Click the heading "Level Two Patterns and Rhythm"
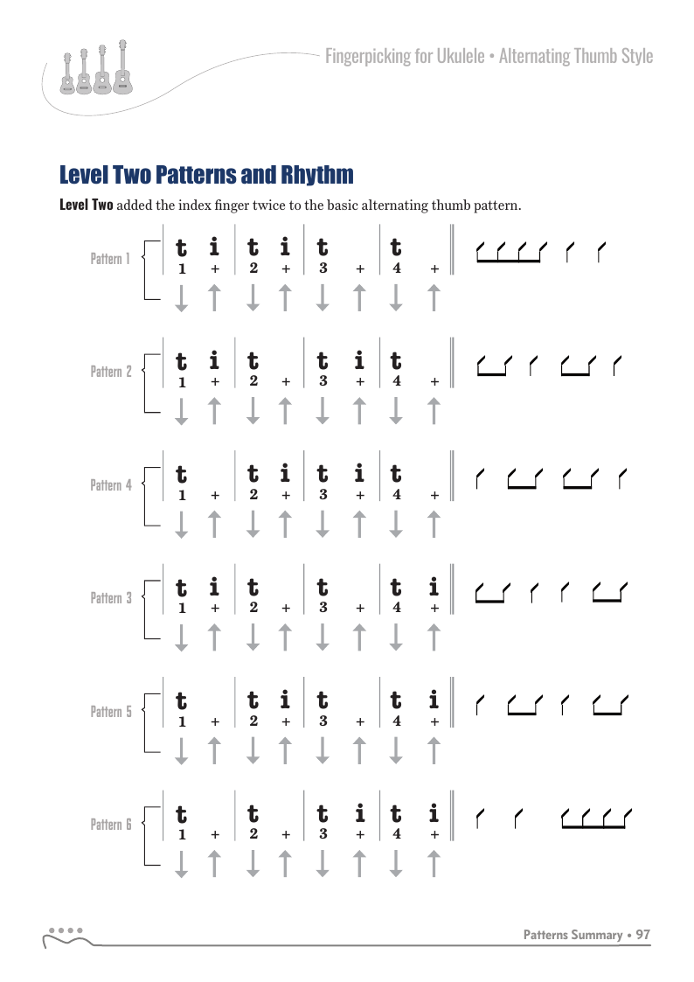click(206, 175)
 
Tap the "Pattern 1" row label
click(111, 258)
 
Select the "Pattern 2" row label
click(111, 372)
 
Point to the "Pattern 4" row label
click(111, 484)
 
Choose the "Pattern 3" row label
click(111, 598)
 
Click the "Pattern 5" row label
click(111, 712)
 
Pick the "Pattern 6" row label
click(111, 825)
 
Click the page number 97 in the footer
click(643, 935)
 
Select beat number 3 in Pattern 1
click(323, 269)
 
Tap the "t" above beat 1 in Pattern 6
click(181, 814)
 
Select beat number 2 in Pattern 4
click(253, 496)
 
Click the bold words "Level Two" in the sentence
click(86, 206)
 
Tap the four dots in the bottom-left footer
click(66, 930)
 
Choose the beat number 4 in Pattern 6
click(397, 835)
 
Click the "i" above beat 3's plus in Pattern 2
click(359, 360)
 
